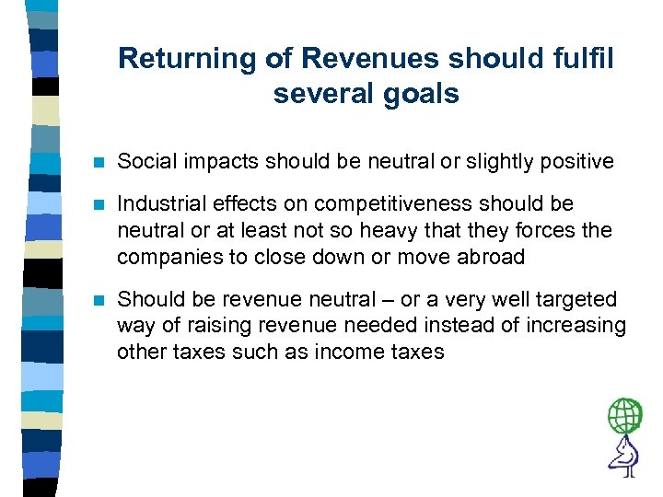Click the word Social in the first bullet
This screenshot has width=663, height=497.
tap(144, 162)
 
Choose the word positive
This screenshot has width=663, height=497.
tap(576, 162)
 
